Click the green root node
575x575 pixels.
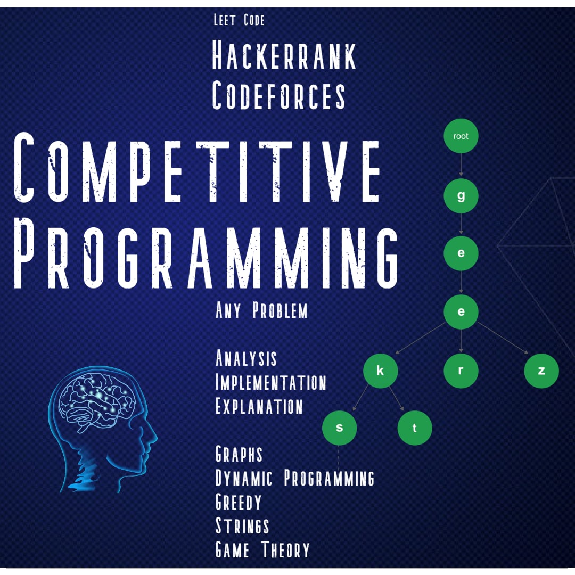(461, 136)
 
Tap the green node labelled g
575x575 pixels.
(461, 196)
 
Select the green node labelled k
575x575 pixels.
(381, 371)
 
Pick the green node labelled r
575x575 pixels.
(461, 371)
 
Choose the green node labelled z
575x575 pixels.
(541, 371)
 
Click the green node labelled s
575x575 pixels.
(340, 428)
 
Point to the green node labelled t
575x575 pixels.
(415, 428)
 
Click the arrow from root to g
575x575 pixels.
(461, 165)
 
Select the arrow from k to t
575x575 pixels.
(397, 399)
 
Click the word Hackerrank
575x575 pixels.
(284, 55)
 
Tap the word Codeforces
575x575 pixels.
(278, 95)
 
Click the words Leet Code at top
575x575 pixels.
(239, 20)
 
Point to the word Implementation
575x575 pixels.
(270, 382)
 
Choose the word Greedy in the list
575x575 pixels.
(239, 502)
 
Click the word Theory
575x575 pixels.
(286, 549)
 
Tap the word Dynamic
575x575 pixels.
(244, 478)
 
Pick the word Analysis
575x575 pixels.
(246, 358)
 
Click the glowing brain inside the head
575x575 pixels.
(97, 402)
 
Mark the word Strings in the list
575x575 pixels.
(242, 526)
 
